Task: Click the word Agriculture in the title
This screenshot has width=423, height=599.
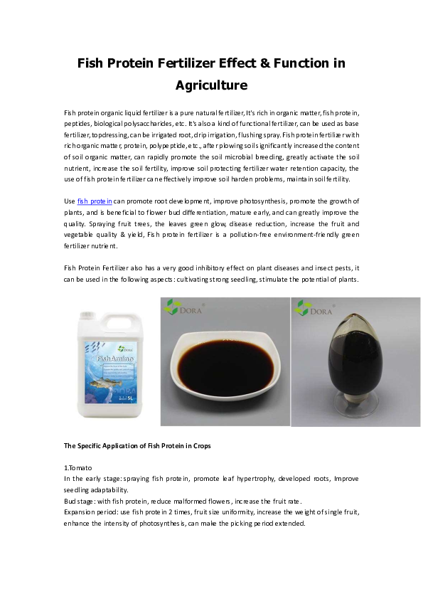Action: pos(211,85)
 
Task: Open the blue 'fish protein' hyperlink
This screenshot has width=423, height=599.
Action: pos(95,201)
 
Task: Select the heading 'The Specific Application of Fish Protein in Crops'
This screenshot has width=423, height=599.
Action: pos(137,446)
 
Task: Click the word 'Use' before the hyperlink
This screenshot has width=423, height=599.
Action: pos(70,201)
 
